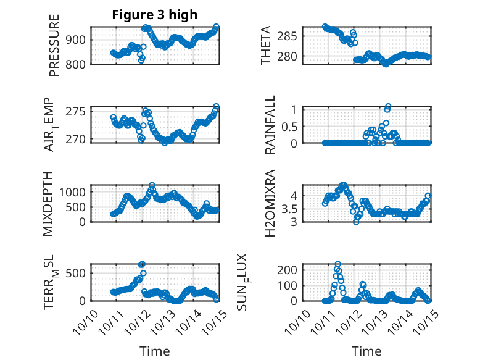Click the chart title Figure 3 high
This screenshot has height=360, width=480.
click(x=155, y=15)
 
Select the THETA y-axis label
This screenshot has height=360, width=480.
click(x=266, y=45)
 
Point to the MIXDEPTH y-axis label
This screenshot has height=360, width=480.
click(x=48, y=203)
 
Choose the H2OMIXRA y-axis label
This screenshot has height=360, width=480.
click(x=270, y=204)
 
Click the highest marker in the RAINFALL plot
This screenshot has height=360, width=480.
click(x=388, y=107)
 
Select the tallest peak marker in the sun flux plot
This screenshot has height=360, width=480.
click(x=337, y=264)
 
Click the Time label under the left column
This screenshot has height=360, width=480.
click(x=154, y=351)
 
